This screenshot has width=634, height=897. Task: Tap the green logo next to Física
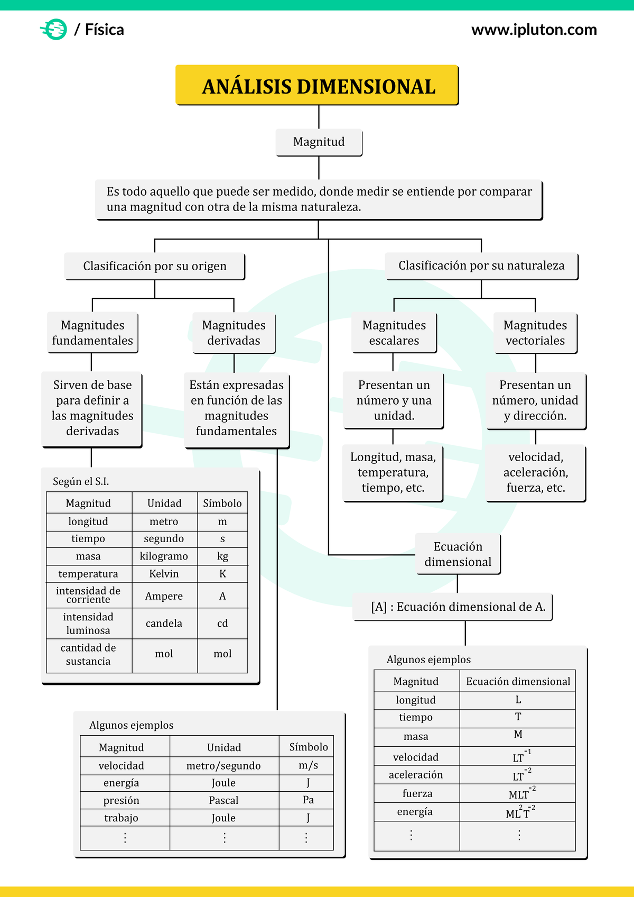click(x=54, y=30)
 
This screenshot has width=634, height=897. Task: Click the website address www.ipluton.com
click(x=534, y=30)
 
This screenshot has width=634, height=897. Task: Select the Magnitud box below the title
click(x=319, y=142)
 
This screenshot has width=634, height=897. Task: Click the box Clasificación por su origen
click(x=154, y=266)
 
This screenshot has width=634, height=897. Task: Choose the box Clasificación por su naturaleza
click(x=481, y=266)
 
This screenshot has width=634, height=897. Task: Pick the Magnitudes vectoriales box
click(x=535, y=333)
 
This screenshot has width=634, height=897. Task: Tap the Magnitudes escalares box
click(x=394, y=333)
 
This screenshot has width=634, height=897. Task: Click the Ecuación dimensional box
click(x=458, y=554)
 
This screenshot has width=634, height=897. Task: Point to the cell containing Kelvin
click(x=164, y=574)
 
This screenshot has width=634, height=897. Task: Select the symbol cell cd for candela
click(x=222, y=624)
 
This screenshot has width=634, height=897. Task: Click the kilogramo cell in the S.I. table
click(x=164, y=556)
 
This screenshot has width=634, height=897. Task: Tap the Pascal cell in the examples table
click(x=224, y=800)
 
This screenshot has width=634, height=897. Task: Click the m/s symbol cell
click(x=309, y=765)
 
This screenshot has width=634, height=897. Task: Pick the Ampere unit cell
click(x=164, y=596)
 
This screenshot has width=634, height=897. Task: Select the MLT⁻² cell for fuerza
click(x=518, y=794)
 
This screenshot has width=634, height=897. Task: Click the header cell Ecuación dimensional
click(x=518, y=681)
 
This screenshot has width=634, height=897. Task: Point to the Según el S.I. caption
click(x=81, y=481)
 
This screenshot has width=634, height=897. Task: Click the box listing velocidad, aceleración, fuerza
click(x=536, y=472)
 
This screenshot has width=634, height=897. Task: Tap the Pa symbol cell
click(x=309, y=800)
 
